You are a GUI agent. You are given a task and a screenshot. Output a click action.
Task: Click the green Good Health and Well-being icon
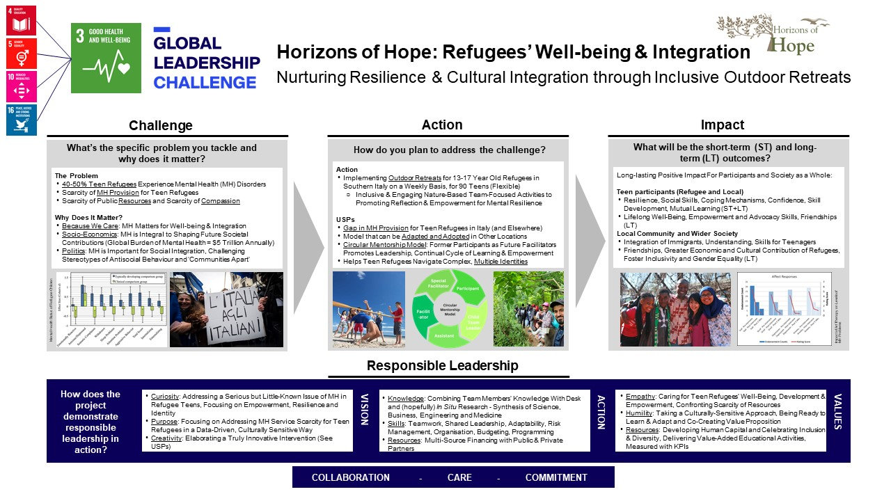click(106, 58)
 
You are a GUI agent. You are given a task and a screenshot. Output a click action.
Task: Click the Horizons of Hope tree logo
click(773, 33)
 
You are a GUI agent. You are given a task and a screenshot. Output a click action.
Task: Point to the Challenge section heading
click(161, 126)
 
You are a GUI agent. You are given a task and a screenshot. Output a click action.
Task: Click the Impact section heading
click(722, 125)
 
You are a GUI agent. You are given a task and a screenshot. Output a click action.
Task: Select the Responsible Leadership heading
click(442, 366)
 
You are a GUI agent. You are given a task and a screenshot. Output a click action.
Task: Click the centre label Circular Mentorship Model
click(446, 309)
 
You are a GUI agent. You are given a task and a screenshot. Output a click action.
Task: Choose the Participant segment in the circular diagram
click(468, 288)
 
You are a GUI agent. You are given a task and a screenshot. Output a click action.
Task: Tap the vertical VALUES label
click(837, 411)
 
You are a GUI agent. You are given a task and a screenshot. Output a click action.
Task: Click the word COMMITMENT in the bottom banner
click(556, 477)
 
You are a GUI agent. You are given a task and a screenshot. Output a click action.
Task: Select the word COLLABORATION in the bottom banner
click(350, 477)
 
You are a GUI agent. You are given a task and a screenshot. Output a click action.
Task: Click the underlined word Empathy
click(640, 396)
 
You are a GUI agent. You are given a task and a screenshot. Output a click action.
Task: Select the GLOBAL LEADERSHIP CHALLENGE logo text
click(207, 63)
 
